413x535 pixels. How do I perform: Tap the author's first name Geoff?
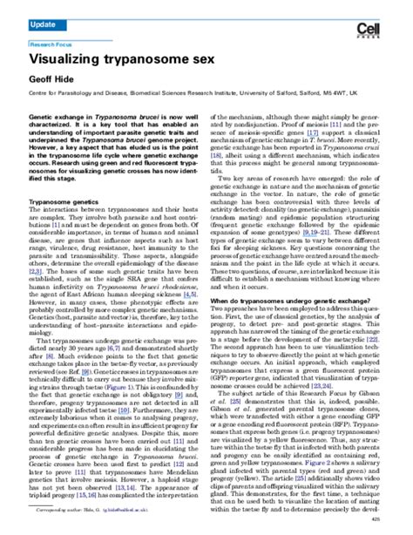tap(41, 78)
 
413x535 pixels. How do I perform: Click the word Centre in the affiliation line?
tap(39, 90)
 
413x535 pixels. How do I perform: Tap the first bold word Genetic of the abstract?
tap(44, 115)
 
